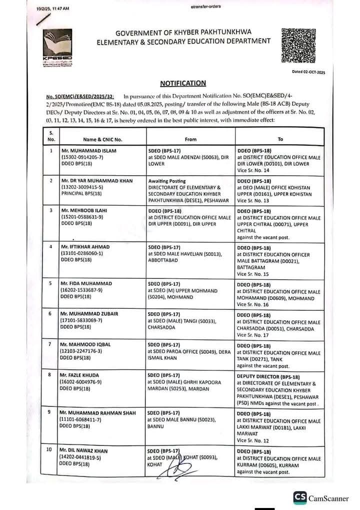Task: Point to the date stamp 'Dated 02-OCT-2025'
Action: [x=308, y=72]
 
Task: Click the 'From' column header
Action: [x=190, y=139]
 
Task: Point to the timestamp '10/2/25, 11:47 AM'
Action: [x=53, y=9]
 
